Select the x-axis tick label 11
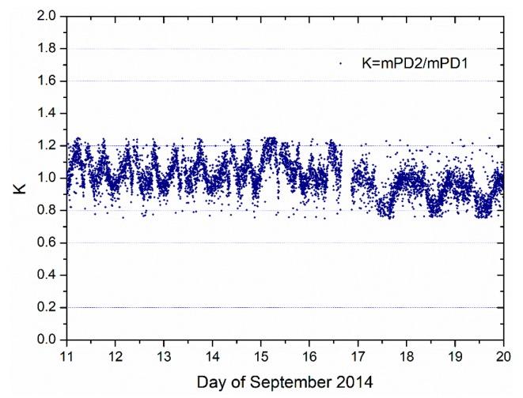point(67,355)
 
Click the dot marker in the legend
point(340,64)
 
